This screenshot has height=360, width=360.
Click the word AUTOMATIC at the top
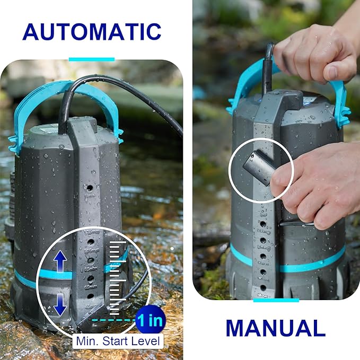pyautogui.click(x=92, y=32)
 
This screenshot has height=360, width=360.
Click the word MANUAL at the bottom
pyautogui.click(x=275, y=328)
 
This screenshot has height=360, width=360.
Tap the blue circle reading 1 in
pyautogui.click(x=151, y=320)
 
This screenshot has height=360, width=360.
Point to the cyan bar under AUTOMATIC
pyautogui.click(x=92, y=59)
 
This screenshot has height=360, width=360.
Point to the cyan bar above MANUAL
pyautogui.click(x=275, y=301)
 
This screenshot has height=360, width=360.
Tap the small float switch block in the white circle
pyautogui.click(x=256, y=166)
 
